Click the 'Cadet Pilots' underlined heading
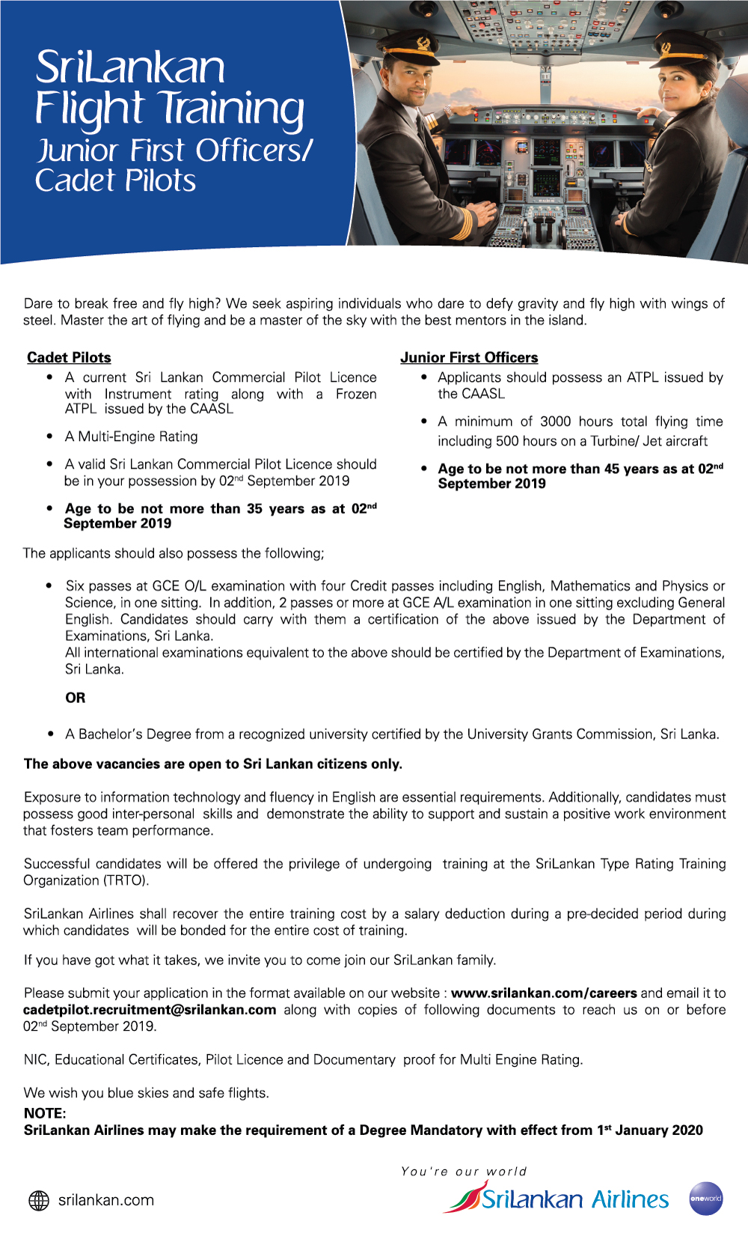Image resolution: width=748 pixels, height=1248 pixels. pyautogui.click(x=69, y=358)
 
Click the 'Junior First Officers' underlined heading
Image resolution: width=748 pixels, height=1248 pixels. pyautogui.click(x=469, y=358)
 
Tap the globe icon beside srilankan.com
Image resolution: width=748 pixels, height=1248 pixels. pyautogui.click(x=39, y=1200)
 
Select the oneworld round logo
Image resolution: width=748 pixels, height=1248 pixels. pyautogui.click(x=705, y=1198)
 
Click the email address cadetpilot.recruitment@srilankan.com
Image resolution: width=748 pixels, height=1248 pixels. pyautogui.click(x=150, y=1010)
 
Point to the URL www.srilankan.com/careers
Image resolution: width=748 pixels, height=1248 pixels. pyautogui.click(x=544, y=993)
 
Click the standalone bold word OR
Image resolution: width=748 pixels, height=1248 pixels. pyautogui.click(x=75, y=698)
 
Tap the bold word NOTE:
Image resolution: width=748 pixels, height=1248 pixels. pyautogui.click(x=45, y=1113)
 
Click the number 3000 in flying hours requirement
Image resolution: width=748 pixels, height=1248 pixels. pyautogui.click(x=555, y=421)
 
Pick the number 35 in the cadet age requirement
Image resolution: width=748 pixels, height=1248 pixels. pyautogui.click(x=254, y=509)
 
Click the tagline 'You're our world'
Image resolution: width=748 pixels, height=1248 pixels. pyautogui.click(x=464, y=1172)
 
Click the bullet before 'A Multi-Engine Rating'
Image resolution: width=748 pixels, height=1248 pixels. pyautogui.click(x=49, y=436)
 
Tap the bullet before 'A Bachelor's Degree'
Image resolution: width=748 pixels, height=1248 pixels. pyautogui.click(x=49, y=734)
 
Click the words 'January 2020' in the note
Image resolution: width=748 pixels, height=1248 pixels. pyautogui.click(x=658, y=1130)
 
